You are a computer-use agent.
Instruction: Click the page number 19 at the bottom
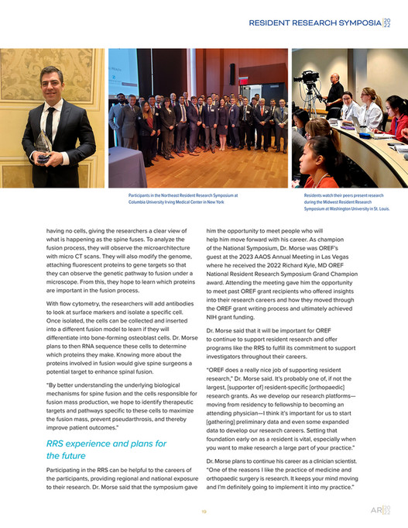pyautogui.click(x=204, y=511)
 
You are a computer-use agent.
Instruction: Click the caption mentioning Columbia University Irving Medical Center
pyautogui.click(x=177, y=199)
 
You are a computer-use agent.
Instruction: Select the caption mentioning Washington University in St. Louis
pyautogui.click(x=347, y=202)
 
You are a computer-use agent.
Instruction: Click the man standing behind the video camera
pyautogui.click(x=334, y=93)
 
